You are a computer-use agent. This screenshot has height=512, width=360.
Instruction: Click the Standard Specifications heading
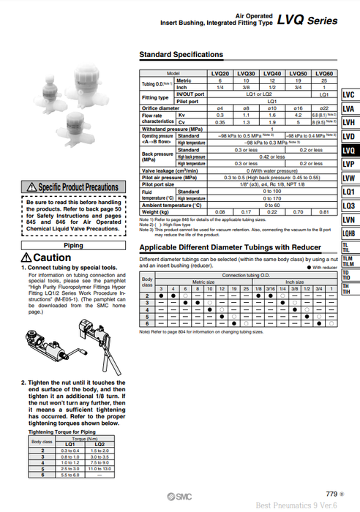181,55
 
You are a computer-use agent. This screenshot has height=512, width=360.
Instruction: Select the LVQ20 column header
220,74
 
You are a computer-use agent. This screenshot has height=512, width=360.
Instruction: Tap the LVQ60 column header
324,74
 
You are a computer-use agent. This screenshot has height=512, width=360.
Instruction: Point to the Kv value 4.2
298,116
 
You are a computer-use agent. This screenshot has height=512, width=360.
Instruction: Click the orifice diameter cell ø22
324,108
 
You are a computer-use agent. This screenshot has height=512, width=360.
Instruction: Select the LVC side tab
348,95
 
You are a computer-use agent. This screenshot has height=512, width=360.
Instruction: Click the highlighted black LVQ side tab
348,151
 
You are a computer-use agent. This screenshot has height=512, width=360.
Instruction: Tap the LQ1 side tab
348,192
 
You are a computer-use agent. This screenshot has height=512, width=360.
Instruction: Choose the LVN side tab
348,219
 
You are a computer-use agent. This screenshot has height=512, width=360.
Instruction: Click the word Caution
51,258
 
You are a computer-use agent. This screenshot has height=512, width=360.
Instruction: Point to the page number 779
331,494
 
